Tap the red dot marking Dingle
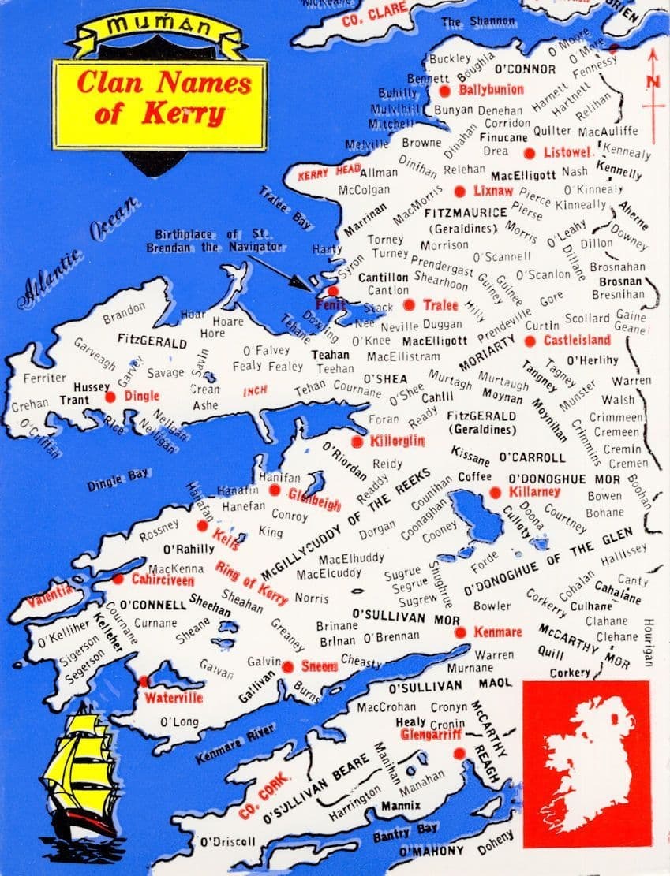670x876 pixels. click(x=110, y=397)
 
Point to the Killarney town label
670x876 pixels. click(x=534, y=492)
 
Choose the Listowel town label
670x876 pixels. click(x=567, y=151)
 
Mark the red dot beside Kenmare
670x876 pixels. click(x=459, y=632)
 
